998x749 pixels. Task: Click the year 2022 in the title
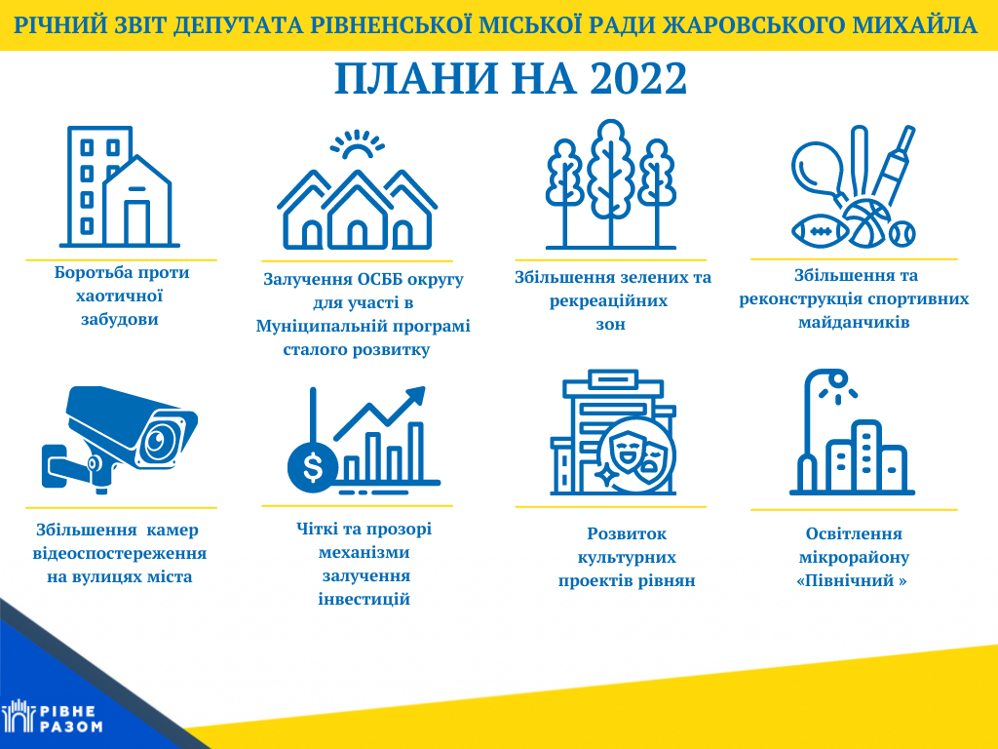[x=638, y=79]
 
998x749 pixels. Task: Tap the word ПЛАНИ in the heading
[x=416, y=79]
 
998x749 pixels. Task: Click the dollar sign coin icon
[x=313, y=467]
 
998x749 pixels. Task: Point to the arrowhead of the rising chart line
[x=414, y=395]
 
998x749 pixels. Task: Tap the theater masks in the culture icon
[x=637, y=453]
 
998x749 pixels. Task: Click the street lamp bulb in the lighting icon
[x=838, y=380]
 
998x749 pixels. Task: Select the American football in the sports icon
[x=820, y=231]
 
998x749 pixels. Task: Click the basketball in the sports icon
[x=866, y=223]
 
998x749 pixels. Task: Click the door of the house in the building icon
[x=136, y=223]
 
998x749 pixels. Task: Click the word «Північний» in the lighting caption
[x=852, y=581]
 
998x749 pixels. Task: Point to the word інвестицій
[x=365, y=600]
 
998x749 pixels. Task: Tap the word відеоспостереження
[x=120, y=553]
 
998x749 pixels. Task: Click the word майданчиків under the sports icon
[x=854, y=322]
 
